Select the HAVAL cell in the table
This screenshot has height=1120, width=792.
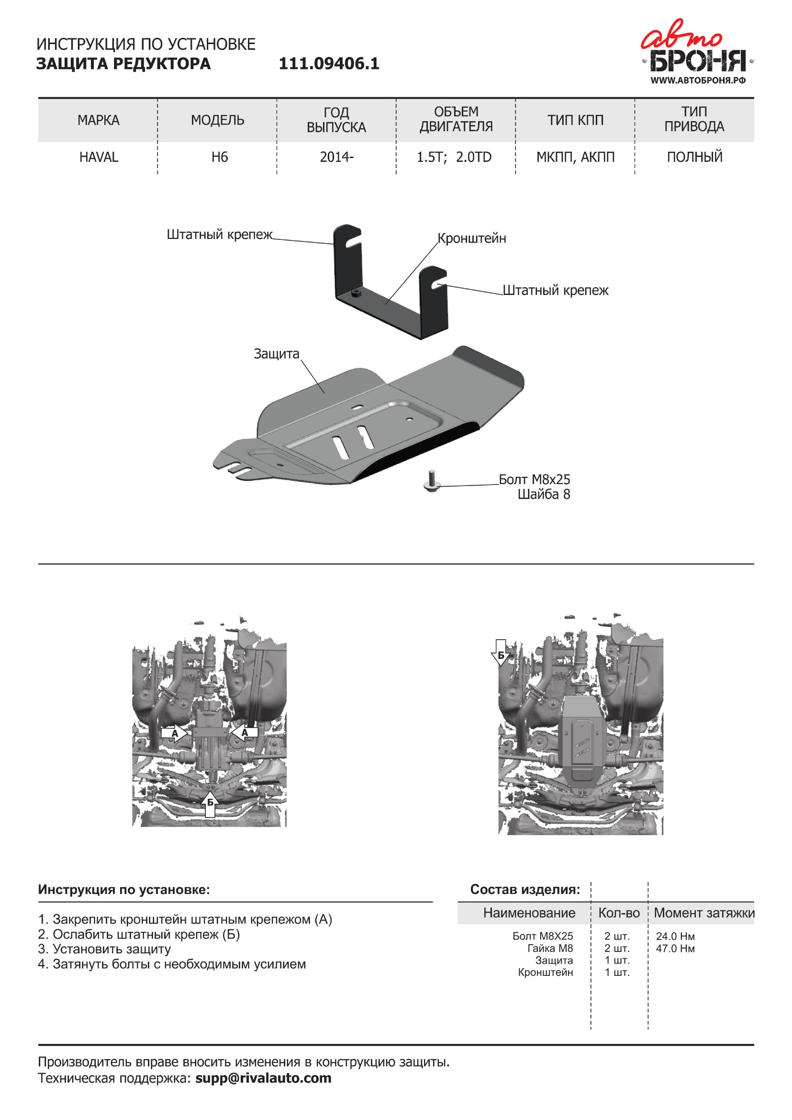pyautogui.click(x=99, y=157)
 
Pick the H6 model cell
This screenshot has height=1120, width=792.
pyautogui.click(x=220, y=157)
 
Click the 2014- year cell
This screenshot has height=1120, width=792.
pyautogui.click(x=336, y=157)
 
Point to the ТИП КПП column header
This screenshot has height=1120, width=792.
pyautogui.click(x=576, y=120)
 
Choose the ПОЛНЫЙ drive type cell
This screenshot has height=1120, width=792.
pyautogui.click(x=694, y=157)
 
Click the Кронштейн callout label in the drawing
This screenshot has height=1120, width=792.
pyautogui.click(x=471, y=238)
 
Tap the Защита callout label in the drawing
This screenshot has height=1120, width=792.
pyautogui.click(x=276, y=354)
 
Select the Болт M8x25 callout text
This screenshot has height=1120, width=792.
pyautogui.click(x=534, y=479)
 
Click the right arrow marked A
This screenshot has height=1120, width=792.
pyautogui.click(x=245, y=732)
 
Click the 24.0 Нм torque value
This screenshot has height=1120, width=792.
pyautogui.click(x=675, y=936)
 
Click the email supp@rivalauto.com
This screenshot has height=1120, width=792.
pyautogui.click(x=263, y=1078)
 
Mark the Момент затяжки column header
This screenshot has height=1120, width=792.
pyautogui.click(x=704, y=913)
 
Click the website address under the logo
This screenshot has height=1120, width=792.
pyautogui.click(x=698, y=80)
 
